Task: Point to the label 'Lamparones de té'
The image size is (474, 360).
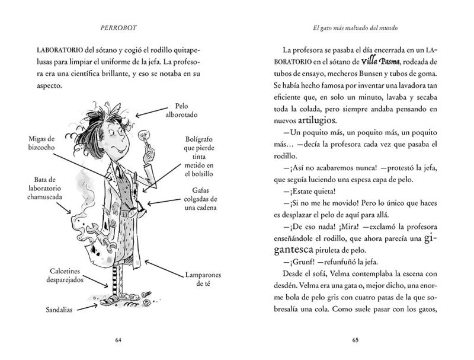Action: pyautogui.click(x=196, y=279)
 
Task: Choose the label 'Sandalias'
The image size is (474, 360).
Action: pyautogui.click(x=62, y=309)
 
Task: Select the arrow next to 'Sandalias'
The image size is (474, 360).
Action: pyautogui.click(x=95, y=306)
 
